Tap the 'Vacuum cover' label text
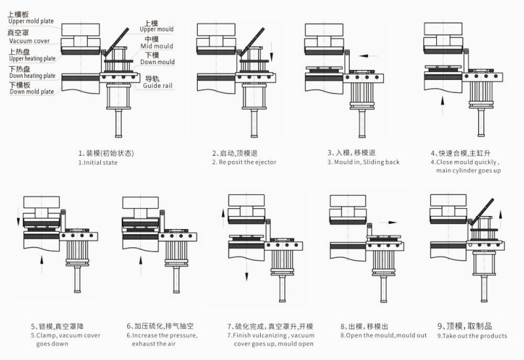(x=28, y=40)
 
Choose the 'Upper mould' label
(x=157, y=29)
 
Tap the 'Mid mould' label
(x=159, y=46)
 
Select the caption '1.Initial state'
(x=98, y=162)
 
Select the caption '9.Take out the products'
(x=472, y=336)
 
